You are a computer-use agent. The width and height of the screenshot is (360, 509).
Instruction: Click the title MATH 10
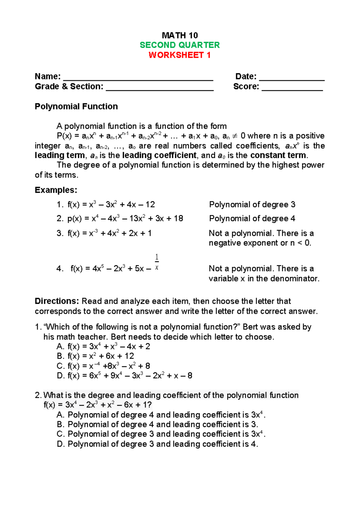pos(180,35)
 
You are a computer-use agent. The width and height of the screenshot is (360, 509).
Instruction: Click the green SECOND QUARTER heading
pos(180,45)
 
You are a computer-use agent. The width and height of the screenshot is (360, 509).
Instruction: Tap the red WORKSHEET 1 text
pos(180,55)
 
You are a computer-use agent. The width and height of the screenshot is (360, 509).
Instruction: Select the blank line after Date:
pos(292,79)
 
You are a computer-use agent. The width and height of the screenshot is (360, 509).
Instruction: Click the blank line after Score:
pos(292,89)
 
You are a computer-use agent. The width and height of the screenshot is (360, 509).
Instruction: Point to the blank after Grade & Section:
pos(160,89)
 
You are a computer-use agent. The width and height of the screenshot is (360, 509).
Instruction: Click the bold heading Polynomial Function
pos(76,107)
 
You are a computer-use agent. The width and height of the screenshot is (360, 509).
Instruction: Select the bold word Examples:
pos(56,190)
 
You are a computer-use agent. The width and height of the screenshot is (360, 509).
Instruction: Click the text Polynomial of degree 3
pos(252,205)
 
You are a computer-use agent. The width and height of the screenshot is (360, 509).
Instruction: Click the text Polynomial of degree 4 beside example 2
pos(252,218)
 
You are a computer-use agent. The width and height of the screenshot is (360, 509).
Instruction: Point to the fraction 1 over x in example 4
pos(157,262)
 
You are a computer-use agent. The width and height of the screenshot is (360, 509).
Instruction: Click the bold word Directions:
pos(57,301)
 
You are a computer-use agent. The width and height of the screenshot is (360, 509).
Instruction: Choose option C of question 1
pos(103,366)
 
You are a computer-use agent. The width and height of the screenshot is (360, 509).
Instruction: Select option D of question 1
pos(124,376)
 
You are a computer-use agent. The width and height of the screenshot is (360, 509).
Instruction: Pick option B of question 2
pos(157,424)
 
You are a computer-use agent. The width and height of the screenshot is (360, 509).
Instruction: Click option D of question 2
pos(157,444)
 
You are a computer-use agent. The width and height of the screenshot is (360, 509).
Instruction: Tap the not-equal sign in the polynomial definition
pos(235,136)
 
